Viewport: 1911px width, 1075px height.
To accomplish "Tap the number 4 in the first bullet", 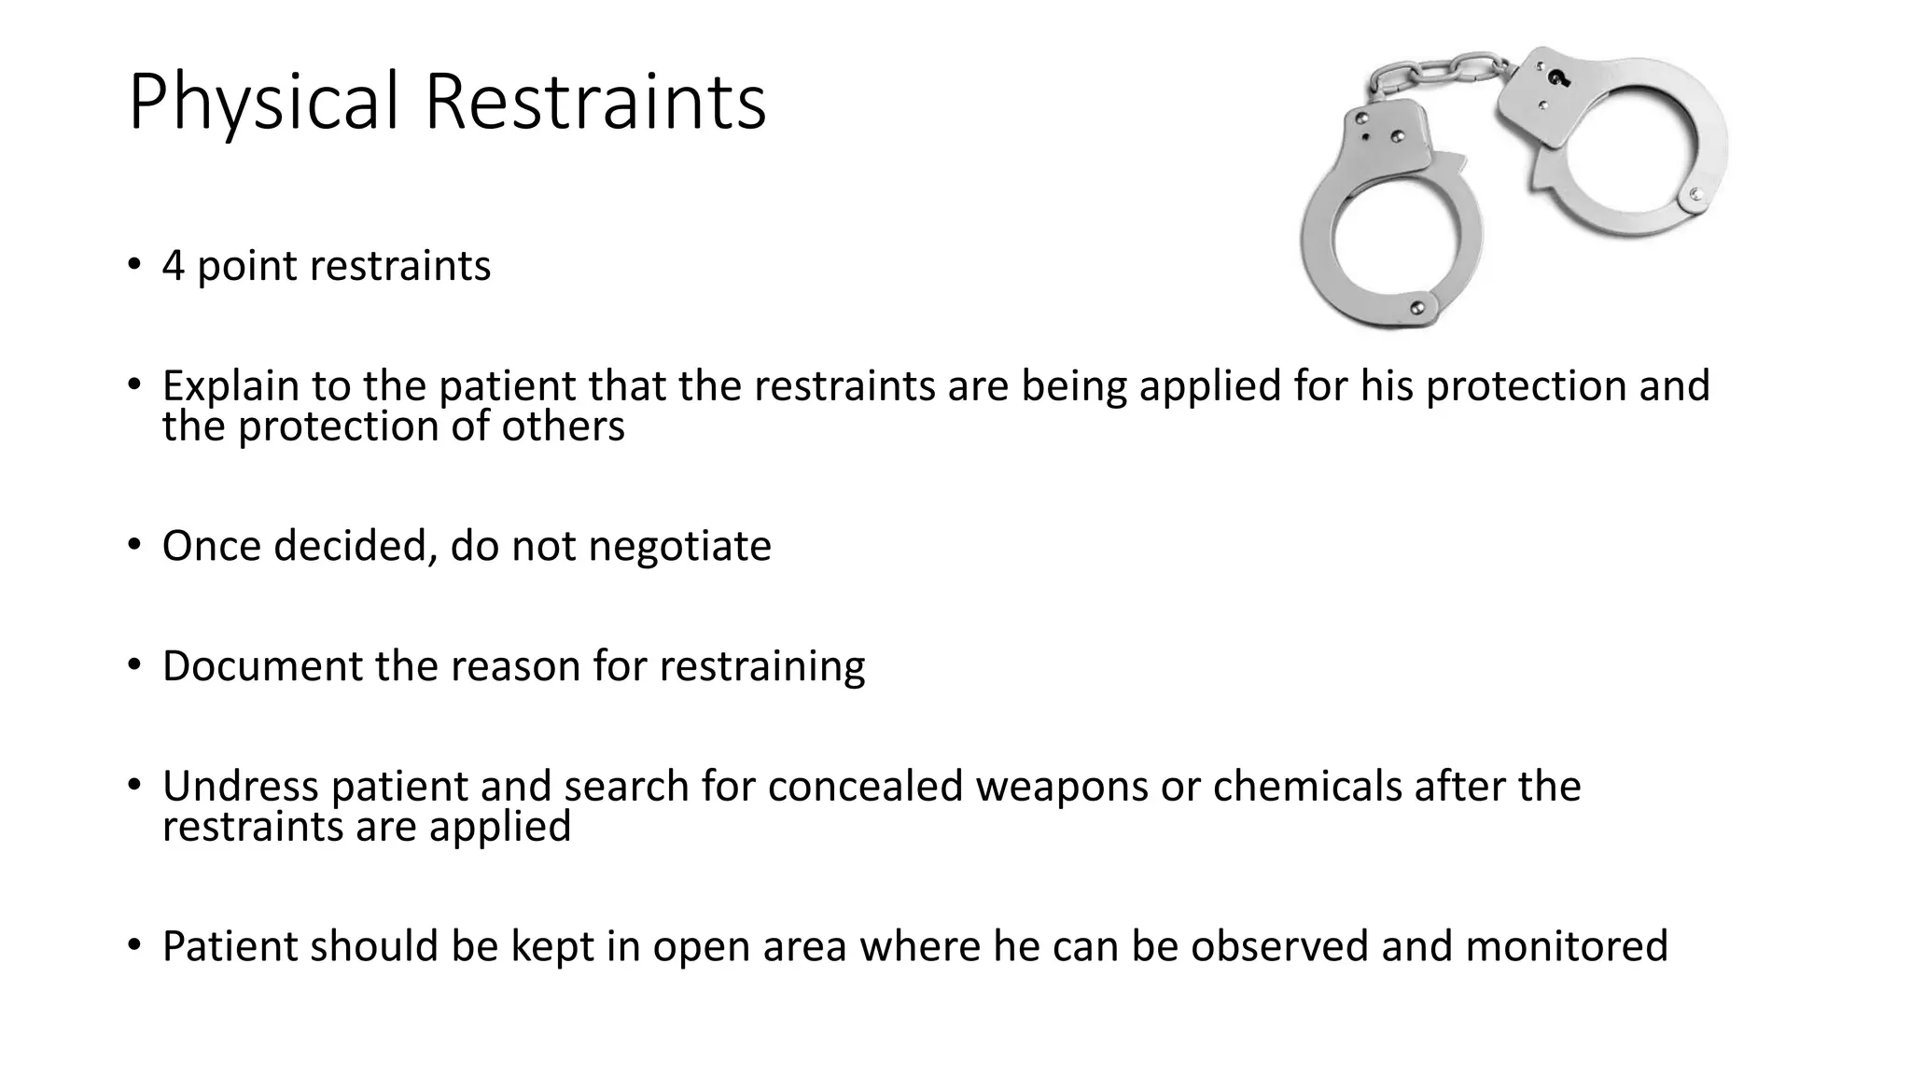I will [x=173, y=266].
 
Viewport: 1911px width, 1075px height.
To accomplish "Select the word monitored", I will [x=1567, y=946].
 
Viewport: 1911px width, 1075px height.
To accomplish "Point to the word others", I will [x=563, y=427].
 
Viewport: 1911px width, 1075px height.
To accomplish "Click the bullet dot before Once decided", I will [x=134, y=544].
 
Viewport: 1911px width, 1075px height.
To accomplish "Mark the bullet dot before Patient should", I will [x=134, y=945].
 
